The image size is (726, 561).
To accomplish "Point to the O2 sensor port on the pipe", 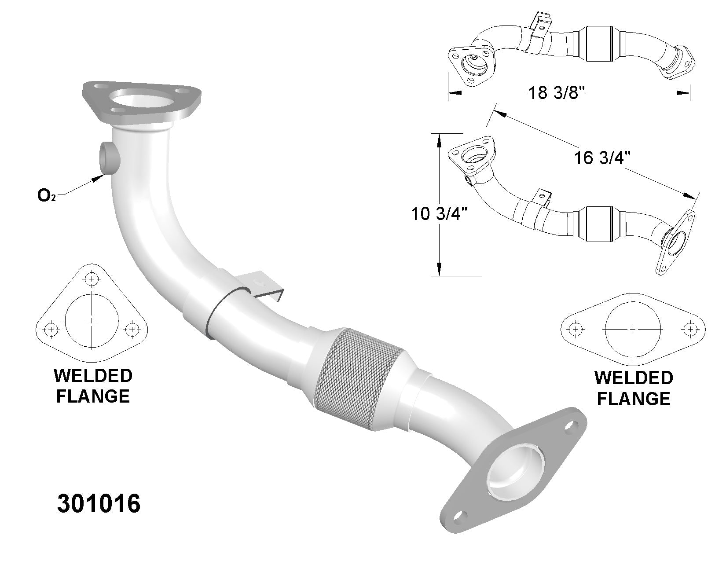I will pyautogui.click(x=109, y=157).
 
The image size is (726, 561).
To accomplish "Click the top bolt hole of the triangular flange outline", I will pyautogui.click(x=92, y=279).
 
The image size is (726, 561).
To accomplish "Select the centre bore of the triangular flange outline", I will pyautogui.click(x=92, y=321).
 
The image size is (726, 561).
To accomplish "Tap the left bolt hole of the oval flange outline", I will pyautogui.click(x=574, y=329).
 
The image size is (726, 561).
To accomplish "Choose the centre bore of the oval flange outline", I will pyautogui.click(x=633, y=329).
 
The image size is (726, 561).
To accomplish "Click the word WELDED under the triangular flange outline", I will pyautogui.click(x=92, y=376).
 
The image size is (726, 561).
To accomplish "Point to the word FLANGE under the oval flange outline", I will pyautogui.click(x=634, y=399).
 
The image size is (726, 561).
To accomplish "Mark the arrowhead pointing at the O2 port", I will pyautogui.click(x=99, y=178).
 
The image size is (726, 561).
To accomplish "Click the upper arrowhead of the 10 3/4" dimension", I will pyautogui.click(x=439, y=140).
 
